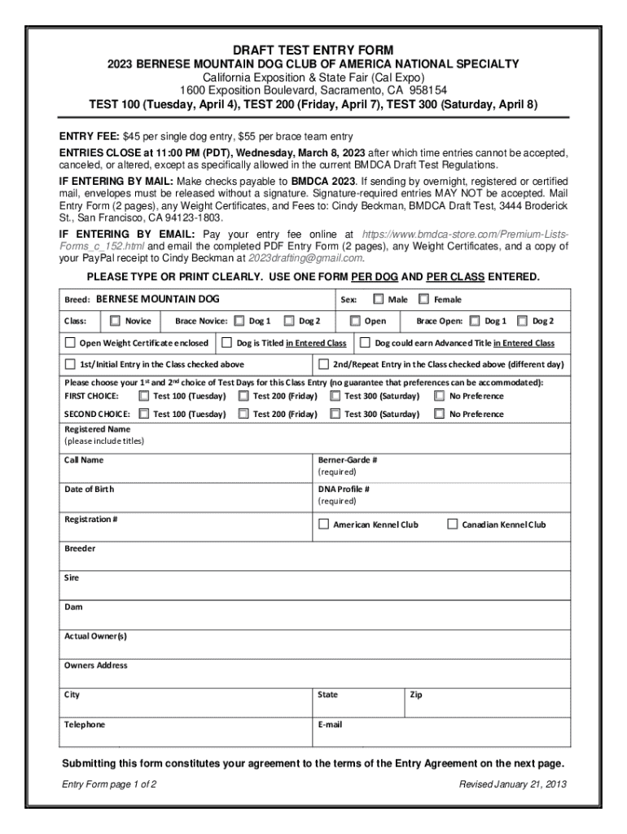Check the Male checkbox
point(379,300)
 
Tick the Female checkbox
point(423,300)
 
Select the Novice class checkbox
point(115,321)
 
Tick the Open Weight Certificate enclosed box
point(70,343)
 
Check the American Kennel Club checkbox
point(323,525)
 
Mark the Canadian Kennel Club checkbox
point(453,525)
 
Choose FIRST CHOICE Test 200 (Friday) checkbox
point(243,396)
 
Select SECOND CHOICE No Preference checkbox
point(440,414)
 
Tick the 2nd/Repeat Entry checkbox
point(323,364)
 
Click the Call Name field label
point(84,460)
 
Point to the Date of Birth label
point(89,489)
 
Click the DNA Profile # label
point(344,489)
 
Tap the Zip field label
point(416,695)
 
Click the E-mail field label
point(330,724)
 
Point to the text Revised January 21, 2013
point(513,784)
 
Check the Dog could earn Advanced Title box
point(366,343)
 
